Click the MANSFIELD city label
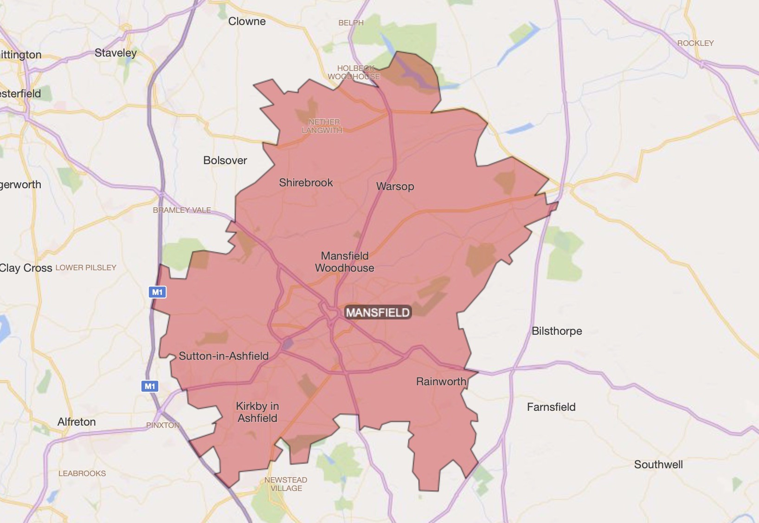point(378,313)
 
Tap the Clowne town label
point(247,21)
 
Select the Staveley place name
point(116,53)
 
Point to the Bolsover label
point(225,160)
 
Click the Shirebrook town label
point(306,183)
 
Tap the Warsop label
point(395,186)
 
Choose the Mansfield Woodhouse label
point(345,262)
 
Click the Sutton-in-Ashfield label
point(224,356)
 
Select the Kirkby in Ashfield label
point(257,412)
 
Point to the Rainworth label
point(441,382)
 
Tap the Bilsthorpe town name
point(557,331)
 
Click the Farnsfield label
point(551,407)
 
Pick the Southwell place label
point(658,465)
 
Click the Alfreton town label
point(77,422)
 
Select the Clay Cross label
point(26,268)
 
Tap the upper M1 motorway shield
point(157,292)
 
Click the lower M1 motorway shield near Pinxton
point(150,386)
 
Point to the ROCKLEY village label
point(695,43)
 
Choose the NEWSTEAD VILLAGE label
point(286,484)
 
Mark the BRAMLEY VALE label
point(182,210)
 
